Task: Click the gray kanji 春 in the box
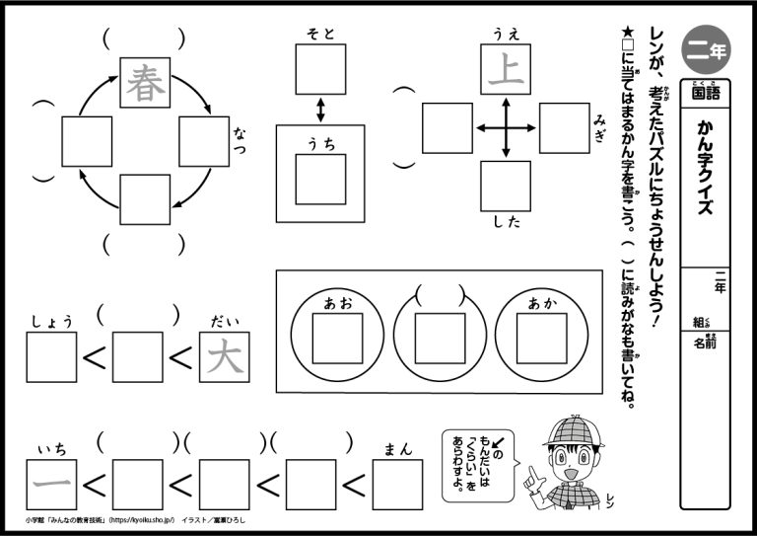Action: point(146,81)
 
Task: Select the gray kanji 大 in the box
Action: point(224,357)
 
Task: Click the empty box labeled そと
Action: point(321,69)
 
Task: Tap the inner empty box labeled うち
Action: point(321,179)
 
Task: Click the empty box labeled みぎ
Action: point(564,127)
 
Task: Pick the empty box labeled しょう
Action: point(51,357)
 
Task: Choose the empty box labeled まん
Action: point(397,484)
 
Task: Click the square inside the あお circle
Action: point(337,339)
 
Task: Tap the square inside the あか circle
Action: point(542,339)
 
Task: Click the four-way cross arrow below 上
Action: point(505,127)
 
